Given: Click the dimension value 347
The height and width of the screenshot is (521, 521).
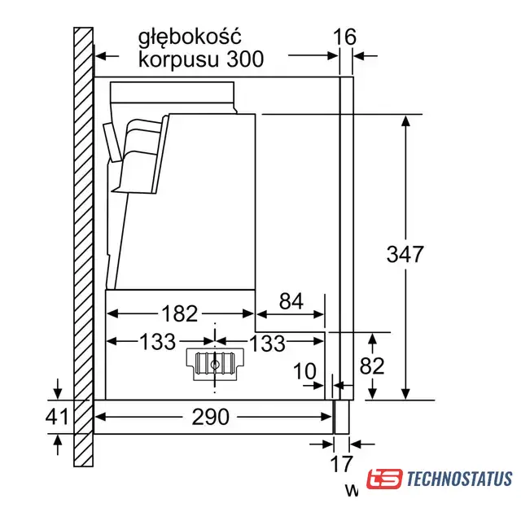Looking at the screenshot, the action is point(405,254).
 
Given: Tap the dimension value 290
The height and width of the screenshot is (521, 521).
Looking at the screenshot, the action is point(211,417).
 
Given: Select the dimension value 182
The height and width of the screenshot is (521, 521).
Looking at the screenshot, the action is point(179,313).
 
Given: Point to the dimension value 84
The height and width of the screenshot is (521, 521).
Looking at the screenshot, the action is point(291,301).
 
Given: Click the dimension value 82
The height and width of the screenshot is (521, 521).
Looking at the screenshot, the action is point(372,366).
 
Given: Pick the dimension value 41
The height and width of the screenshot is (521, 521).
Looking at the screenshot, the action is point(57,416).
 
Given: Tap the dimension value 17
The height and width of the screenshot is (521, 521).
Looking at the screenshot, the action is point(341,464).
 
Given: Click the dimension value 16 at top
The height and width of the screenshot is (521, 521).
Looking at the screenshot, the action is point(344,37).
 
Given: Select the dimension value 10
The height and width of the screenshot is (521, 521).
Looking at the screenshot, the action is point(304,371).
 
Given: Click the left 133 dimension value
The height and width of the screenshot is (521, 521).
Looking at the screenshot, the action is point(157,342).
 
